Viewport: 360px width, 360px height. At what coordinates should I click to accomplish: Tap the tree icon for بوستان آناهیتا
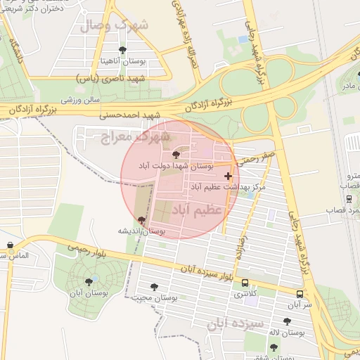point(123,50)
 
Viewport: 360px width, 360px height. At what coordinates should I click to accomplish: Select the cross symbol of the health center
point(227,175)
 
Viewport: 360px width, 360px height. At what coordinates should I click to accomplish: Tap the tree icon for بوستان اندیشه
point(142,220)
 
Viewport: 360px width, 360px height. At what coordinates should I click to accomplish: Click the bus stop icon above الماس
point(10,245)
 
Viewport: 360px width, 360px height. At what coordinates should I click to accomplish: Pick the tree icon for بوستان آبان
point(89,282)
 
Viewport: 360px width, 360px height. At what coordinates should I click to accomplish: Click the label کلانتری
point(245,292)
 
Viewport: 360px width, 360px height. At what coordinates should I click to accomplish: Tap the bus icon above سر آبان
point(300,295)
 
